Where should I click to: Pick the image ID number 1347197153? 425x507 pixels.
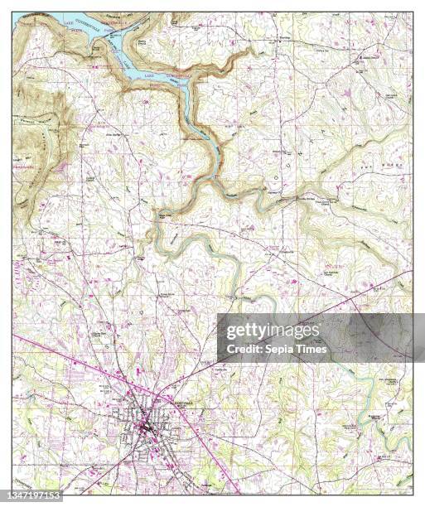point(32,496)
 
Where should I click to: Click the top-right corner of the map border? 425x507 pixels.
point(412,11)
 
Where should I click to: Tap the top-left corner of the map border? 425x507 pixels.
point(12,11)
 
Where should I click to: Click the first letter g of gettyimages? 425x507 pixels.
point(230,332)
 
